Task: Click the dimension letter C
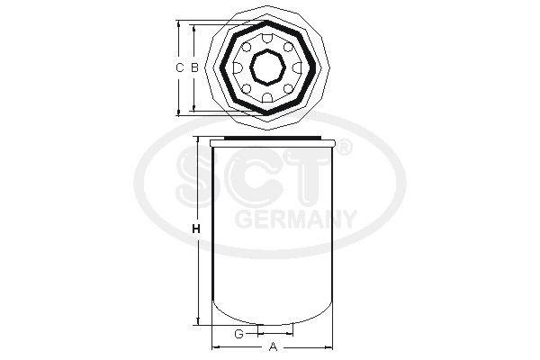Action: (179, 67)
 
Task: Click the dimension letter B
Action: (193, 67)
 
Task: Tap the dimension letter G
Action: (238, 334)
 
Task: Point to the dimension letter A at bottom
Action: (273, 346)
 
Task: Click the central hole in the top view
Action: (268, 67)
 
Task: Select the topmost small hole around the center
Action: (268, 38)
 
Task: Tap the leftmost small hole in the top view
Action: (238, 67)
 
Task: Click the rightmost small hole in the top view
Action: (298, 67)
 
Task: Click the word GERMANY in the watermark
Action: (295, 219)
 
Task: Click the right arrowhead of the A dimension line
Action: (330, 346)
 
